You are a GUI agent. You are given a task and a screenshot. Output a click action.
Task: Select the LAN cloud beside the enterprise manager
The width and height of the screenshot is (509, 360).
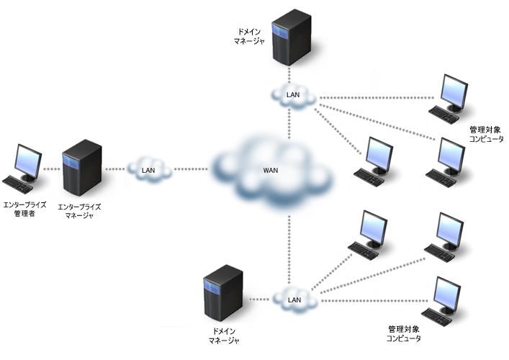[x=149, y=170]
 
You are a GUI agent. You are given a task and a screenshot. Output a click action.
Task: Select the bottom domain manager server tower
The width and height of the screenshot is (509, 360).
[x=223, y=294]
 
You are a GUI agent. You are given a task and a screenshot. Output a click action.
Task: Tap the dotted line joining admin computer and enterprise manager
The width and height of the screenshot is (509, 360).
[x=50, y=170]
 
